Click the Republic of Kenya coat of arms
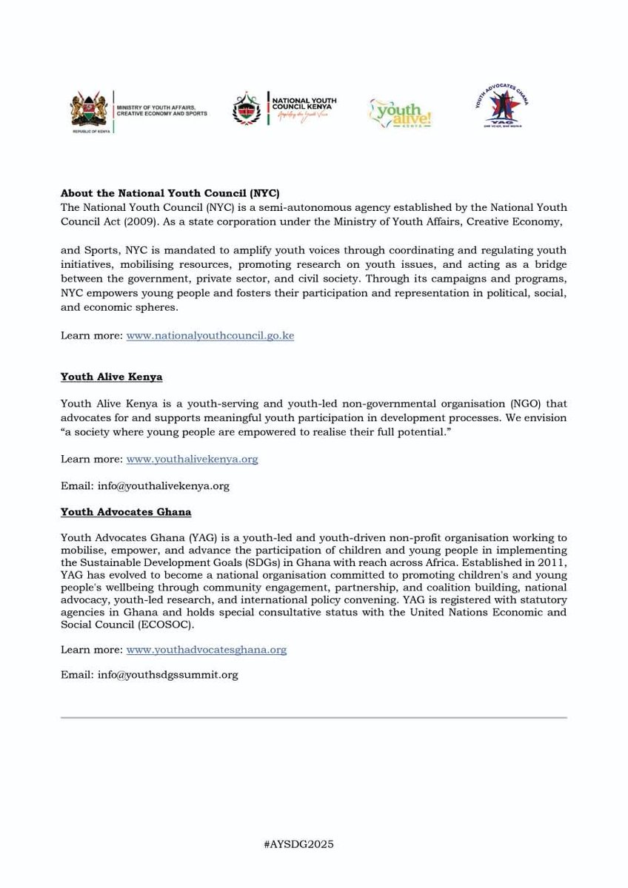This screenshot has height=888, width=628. tap(87, 112)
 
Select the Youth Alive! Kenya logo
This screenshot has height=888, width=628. tap(400, 112)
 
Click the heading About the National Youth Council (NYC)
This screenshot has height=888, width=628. tap(170, 193)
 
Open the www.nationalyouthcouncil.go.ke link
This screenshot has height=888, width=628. tap(210, 335)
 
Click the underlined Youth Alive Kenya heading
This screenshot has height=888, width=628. tap(111, 377)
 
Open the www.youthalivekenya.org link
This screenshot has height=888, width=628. tap(192, 459)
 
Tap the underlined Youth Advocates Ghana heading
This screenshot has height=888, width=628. tap(126, 511)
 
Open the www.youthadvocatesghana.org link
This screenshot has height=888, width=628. tap(206, 650)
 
